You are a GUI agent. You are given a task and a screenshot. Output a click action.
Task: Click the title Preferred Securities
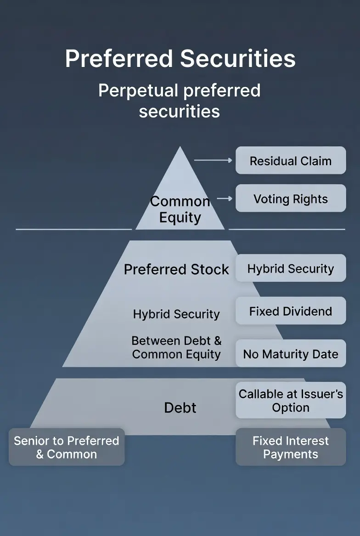180,59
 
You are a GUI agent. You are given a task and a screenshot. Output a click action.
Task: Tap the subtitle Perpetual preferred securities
180,100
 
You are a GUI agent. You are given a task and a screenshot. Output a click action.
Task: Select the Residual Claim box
291,161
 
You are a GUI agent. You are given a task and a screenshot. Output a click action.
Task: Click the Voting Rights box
291,199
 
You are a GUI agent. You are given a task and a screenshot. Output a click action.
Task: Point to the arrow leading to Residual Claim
213,160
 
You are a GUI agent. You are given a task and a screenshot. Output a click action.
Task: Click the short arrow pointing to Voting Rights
225,198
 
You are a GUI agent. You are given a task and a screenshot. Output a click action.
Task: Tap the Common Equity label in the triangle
180,209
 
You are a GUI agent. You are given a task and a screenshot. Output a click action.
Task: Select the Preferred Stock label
176,269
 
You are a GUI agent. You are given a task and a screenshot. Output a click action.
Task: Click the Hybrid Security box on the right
291,268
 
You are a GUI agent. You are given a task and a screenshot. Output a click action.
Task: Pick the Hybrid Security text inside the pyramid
176,314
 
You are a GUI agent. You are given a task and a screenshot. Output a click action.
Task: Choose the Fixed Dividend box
291,311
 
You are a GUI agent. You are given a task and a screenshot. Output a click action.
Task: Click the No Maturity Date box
291,354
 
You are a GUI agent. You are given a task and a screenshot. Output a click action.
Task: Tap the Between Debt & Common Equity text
176,347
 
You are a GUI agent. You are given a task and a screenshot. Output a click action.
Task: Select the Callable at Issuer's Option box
291,401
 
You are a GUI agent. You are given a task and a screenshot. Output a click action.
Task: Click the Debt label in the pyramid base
180,408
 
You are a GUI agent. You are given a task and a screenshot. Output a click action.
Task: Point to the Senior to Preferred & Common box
67,447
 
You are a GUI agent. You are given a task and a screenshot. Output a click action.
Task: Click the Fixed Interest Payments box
291,447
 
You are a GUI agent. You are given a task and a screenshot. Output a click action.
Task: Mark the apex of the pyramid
180,148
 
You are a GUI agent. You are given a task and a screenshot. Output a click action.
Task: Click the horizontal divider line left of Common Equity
73,229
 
